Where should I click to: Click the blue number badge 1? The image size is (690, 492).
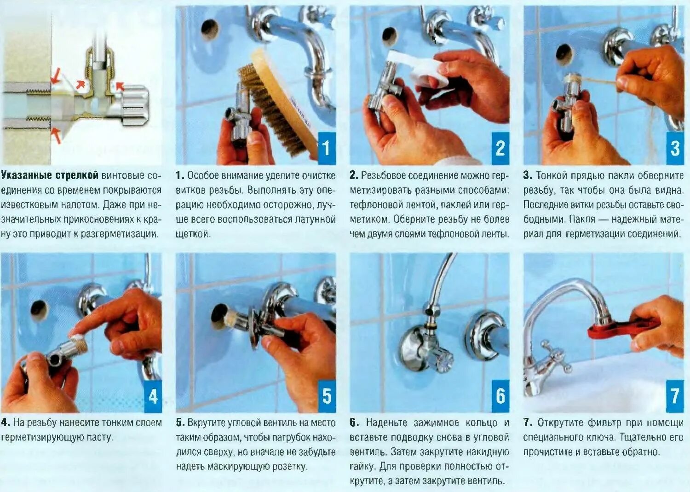click(327, 149)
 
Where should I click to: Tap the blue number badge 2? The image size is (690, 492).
click(500, 149)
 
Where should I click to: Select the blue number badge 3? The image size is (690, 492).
click(675, 149)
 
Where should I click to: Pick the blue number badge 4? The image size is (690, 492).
click(153, 396)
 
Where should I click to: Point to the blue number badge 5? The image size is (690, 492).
click(327, 396)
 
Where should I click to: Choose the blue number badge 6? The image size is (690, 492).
click(500, 396)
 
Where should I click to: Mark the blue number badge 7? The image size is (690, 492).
click(675, 396)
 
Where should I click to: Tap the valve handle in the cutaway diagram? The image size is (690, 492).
click(134, 105)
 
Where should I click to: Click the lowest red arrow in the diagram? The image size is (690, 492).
click(57, 136)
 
